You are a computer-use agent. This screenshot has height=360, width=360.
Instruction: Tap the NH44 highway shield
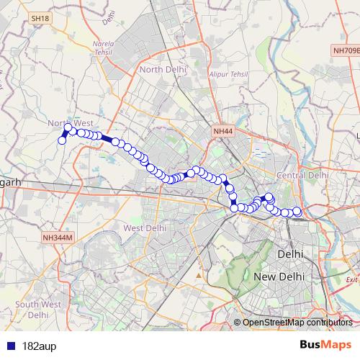click(x=223, y=131)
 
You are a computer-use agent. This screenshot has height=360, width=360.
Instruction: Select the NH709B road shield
click(x=346, y=50)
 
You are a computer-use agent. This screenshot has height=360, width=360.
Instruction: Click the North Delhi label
click(x=163, y=69)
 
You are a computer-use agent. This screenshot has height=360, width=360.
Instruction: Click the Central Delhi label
click(x=302, y=175)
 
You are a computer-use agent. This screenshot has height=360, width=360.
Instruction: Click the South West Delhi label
click(x=36, y=309)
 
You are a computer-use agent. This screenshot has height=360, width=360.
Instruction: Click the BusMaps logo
click(x=321, y=345)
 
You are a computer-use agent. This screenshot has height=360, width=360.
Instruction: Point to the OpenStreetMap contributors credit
click(x=297, y=323)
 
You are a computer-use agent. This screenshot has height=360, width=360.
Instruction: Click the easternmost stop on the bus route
click(x=297, y=211)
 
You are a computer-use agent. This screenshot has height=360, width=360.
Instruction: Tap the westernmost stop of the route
click(x=62, y=140)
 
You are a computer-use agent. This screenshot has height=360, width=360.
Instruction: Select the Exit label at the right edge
click(x=351, y=279)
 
